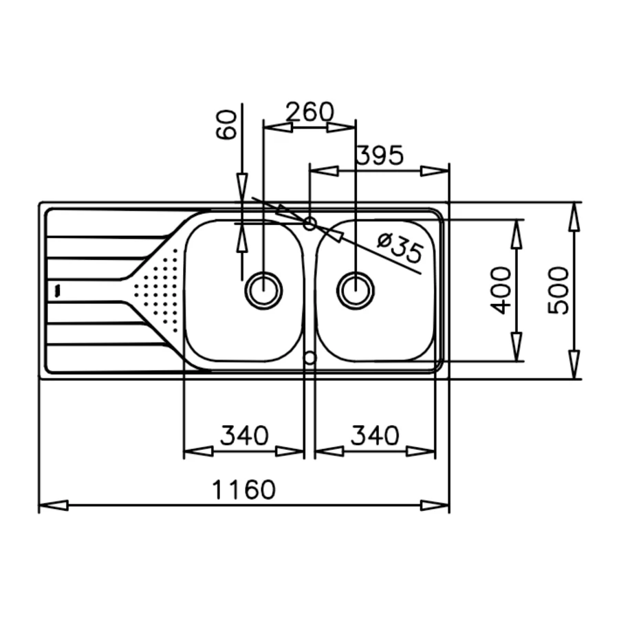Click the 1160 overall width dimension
coord(243,490)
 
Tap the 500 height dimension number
coord(558,290)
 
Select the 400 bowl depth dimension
coord(501,290)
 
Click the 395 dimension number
coord(380,155)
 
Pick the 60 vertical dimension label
coord(226,124)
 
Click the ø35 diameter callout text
coord(400,248)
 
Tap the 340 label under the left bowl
coord(244,435)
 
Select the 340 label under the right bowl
coord(375,435)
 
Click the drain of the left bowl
coord(263,290)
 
